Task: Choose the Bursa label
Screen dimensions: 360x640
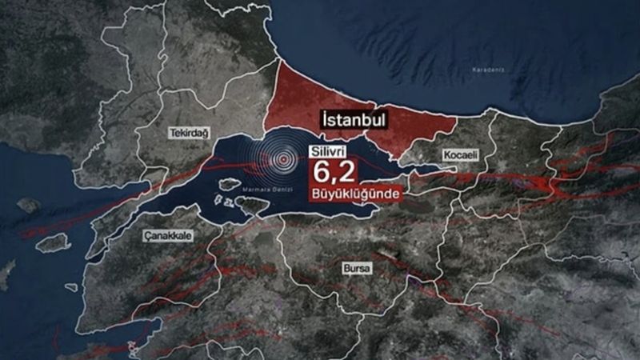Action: click(355, 269)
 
